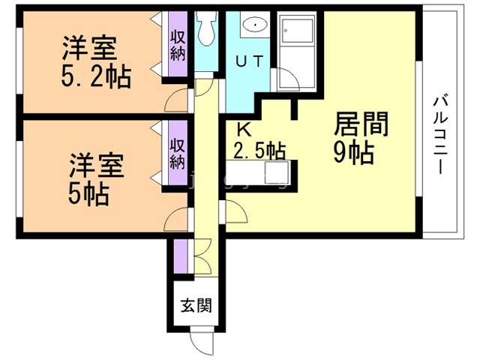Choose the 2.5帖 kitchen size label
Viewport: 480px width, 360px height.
pos(259,150)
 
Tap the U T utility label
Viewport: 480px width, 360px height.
pos(250,64)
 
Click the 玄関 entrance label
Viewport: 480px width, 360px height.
pos(194,305)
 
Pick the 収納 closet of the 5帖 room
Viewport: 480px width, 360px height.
pos(177,153)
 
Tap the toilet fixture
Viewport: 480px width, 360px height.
pos(205,31)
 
